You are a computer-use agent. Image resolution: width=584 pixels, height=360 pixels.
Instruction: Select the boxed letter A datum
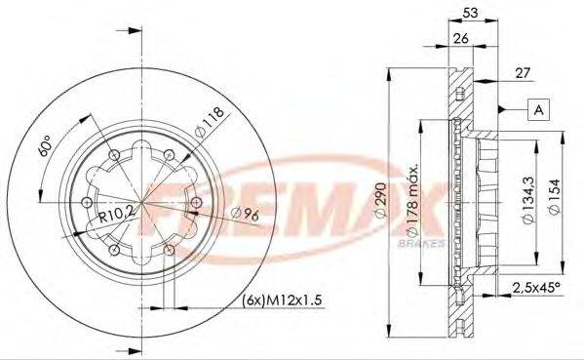click(x=537, y=109)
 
